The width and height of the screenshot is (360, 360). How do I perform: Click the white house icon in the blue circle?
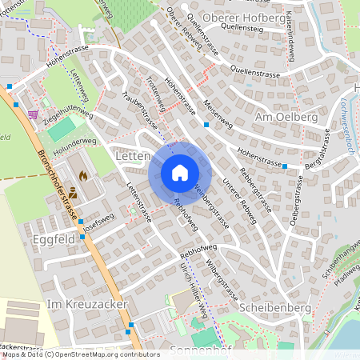[x=179, y=172]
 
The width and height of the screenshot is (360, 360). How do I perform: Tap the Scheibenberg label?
[x=273, y=306]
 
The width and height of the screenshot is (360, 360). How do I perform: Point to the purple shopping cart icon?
[x=33, y=114]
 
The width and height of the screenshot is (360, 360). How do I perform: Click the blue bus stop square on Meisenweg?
[x=206, y=125]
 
